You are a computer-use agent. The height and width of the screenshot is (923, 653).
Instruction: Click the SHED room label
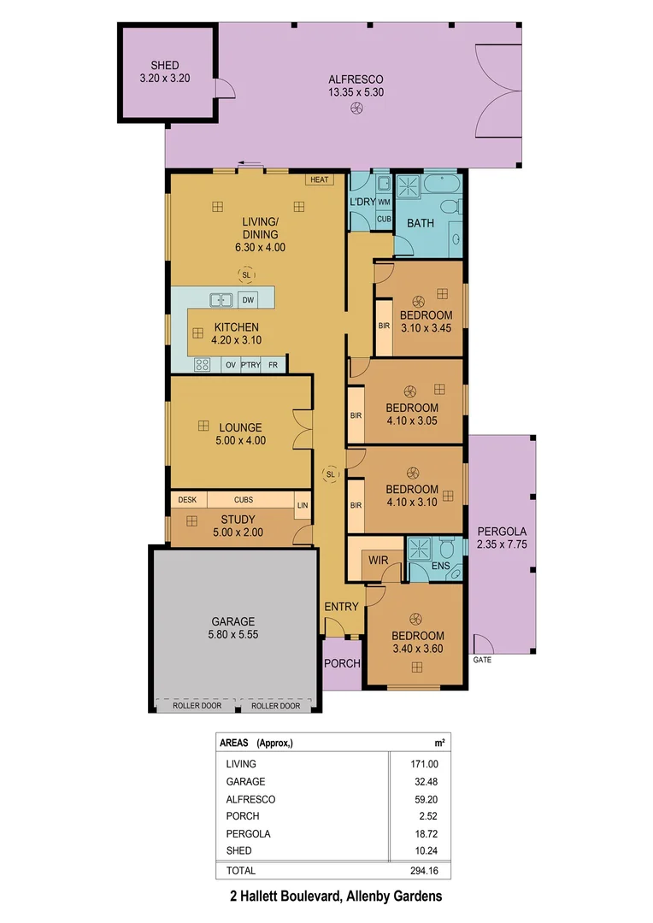pyautogui.click(x=165, y=65)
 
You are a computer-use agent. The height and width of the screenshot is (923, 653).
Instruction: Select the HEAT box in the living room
pyautogui.click(x=320, y=179)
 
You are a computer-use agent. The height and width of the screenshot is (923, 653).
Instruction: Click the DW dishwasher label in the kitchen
pyautogui.click(x=248, y=300)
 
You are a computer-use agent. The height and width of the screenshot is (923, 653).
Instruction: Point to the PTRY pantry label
pyautogui.click(x=250, y=365)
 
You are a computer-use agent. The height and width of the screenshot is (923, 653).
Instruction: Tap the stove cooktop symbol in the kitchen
pyautogui.click(x=203, y=365)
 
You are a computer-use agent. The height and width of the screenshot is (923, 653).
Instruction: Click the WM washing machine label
pyautogui.click(x=384, y=202)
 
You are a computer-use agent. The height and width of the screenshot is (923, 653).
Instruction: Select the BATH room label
pyautogui.click(x=420, y=224)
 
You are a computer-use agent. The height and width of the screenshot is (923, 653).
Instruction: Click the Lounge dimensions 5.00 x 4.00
pyautogui.click(x=240, y=441)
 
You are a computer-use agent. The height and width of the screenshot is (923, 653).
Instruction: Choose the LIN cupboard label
pyautogui.click(x=302, y=506)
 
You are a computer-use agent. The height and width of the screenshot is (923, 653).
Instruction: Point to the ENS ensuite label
pyautogui.click(x=440, y=566)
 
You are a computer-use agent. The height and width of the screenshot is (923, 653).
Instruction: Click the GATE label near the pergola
pyautogui.click(x=482, y=661)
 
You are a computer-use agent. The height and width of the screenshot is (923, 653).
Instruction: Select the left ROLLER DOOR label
pyautogui.click(x=197, y=706)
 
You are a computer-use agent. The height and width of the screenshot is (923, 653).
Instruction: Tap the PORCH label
pyautogui.click(x=342, y=664)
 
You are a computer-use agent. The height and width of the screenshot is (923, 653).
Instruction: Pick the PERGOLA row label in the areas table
pyautogui.click(x=244, y=834)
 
